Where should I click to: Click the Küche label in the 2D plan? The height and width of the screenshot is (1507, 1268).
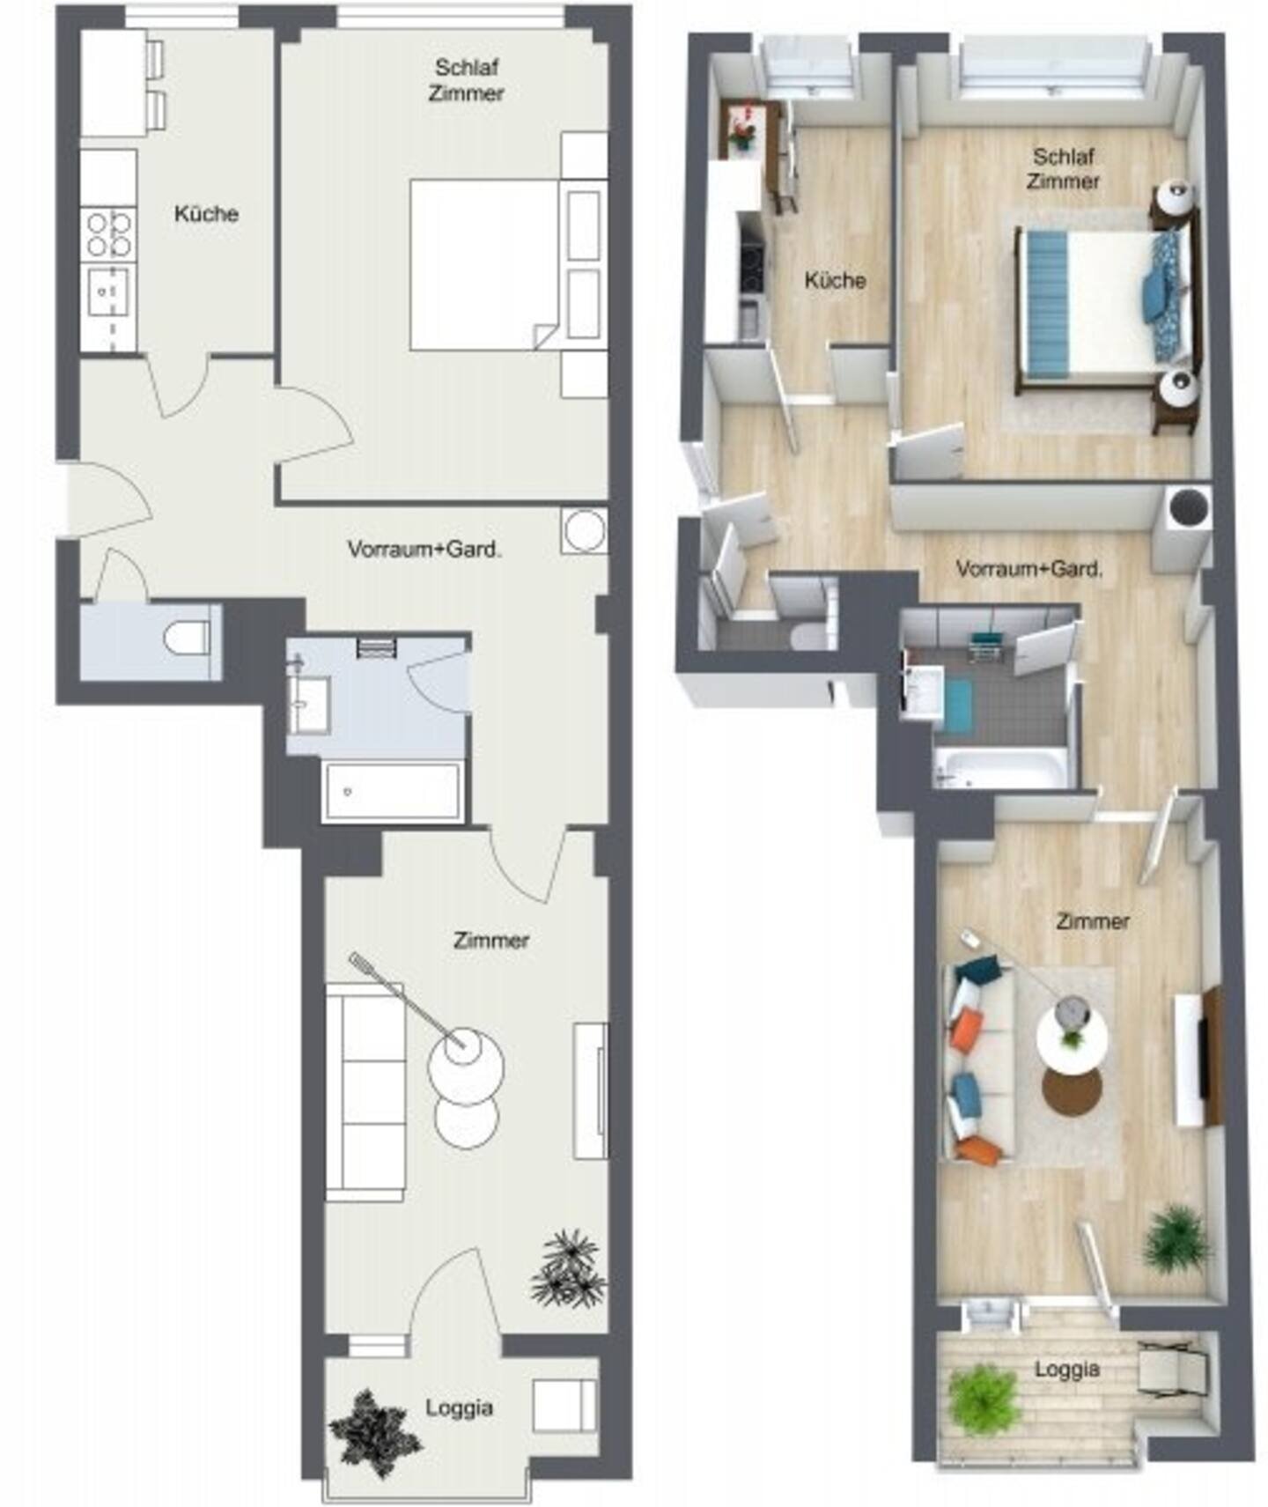click(x=206, y=213)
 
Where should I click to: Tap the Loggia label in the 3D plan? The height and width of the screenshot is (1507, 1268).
click(x=1066, y=1369)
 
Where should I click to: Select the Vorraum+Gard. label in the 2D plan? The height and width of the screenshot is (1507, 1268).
click(x=424, y=549)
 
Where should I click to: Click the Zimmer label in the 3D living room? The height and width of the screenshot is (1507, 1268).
click(x=1092, y=921)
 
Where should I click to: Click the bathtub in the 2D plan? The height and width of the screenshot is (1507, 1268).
click(x=392, y=791)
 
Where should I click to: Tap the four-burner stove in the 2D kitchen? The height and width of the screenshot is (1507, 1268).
click(x=109, y=233)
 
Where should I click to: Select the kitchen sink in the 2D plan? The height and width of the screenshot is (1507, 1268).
click(x=109, y=292)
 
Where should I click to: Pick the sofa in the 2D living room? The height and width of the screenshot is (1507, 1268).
click(x=365, y=1091)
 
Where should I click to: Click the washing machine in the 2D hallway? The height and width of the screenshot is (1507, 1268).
click(x=584, y=531)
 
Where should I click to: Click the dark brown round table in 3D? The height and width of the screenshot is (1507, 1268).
click(x=1072, y=1091)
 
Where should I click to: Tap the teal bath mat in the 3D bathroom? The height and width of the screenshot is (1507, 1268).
click(x=957, y=705)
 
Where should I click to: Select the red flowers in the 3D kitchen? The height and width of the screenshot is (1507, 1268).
click(x=742, y=124)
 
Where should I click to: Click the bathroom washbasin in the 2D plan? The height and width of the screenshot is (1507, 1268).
click(x=309, y=703)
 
